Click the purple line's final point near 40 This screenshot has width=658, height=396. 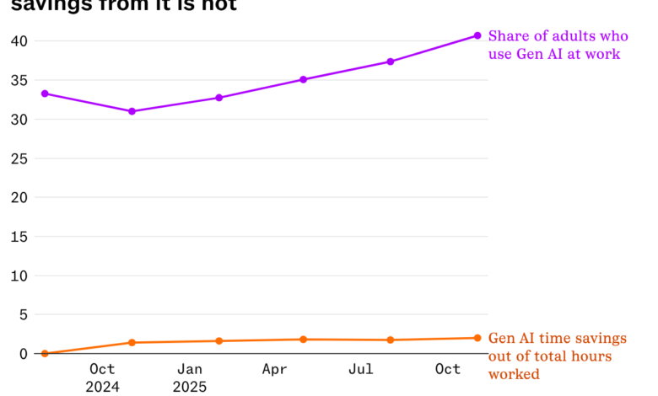coord(477,35)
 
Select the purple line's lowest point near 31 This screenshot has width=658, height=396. coord(132,111)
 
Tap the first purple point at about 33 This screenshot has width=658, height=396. coord(45,94)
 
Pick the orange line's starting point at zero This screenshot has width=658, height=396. coord(45,354)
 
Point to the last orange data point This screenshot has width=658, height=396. coord(477,338)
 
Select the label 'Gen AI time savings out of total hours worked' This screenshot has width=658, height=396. coord(558,356)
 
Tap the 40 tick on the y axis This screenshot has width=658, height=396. coord(19,41)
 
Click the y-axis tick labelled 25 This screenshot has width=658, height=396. coord(19,158)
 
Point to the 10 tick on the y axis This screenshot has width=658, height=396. coord(19,276)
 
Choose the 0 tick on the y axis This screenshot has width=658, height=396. coord(24,354)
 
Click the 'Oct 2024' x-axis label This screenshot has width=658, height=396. coord(102,377)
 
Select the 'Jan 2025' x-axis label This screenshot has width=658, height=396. coord(189,377)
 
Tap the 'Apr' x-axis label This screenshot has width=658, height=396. coord(275,369)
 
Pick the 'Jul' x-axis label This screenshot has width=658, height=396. coord(361,369)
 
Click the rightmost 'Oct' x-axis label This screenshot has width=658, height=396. coord(448,369)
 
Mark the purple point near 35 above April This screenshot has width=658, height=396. coord(303,80)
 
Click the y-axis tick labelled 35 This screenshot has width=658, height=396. coord(19,81)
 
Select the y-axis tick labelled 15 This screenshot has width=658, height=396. coord(19,237)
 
